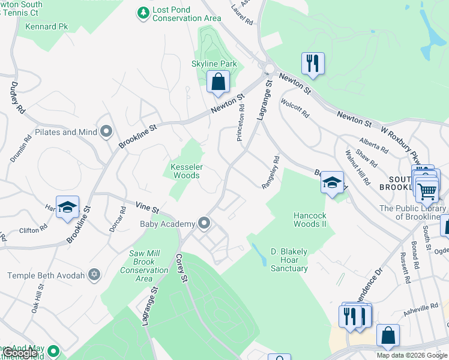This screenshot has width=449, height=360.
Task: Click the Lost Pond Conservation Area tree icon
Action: pyautogui.click(x=143, y=12)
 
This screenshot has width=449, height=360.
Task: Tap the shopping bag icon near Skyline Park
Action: pyautogui.click(x=218, y=82)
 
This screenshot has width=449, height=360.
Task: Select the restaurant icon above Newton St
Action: pyautogui.click(x=313, y=63)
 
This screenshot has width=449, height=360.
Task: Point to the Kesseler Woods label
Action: pyautogui.click(x=186, y=170)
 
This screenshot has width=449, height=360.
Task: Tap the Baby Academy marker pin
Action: pyautogui.click(x=204, y=224)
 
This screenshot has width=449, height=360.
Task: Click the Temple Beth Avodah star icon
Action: pyautogui.click(x=94, y=275)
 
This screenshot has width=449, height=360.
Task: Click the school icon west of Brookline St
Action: pyautogui.click(x=68, y=207)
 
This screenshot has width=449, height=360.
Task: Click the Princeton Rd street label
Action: pyautogui.click(x=241, y=122)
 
